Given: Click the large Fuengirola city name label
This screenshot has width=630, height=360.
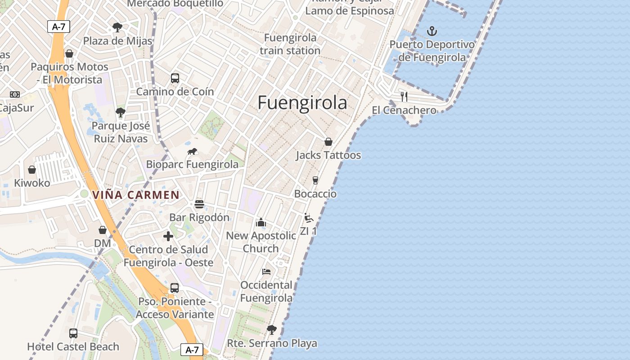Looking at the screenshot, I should [x=302, y=103].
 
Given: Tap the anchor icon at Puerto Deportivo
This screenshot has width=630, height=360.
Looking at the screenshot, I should [x=432, y=31].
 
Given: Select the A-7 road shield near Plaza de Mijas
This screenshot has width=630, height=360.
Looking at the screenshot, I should [x=58, y=27].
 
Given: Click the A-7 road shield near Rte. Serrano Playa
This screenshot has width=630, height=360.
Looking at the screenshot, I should [x=192, y=350].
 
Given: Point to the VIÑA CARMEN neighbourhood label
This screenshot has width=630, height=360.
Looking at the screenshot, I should [x=136, y=195].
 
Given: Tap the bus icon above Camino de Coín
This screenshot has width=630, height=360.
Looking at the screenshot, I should [x=175, y=78].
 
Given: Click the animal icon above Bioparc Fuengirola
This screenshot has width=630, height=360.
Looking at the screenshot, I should [x=193, y=151].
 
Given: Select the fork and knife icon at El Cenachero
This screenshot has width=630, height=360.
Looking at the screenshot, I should [x=404, y=96].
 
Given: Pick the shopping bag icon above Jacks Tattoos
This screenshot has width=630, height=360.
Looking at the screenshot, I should [x=328, y=142].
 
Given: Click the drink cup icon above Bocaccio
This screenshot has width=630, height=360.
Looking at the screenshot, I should [x=315, y=180].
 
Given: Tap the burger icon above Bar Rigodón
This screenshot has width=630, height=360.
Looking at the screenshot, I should [x=199, y=204].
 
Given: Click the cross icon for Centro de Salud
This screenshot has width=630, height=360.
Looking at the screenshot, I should [x=168, y=236].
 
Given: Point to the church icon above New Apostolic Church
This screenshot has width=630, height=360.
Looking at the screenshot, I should [x=261, y=222].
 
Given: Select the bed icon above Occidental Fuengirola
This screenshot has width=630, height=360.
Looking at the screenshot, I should [x=266, y=272].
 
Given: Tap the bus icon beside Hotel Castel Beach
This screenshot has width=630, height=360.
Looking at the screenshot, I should [x=73, y=333].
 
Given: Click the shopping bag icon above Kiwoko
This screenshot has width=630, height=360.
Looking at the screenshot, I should [x=32, y=170].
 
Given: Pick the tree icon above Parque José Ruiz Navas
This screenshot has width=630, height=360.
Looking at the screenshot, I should [x=120, y=112].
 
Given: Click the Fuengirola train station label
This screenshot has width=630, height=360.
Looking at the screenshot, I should [x=290, y=44].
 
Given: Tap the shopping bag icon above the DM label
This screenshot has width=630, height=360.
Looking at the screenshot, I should [x=103, y=230].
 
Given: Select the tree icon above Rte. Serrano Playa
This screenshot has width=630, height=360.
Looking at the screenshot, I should [x=272, y=330].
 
